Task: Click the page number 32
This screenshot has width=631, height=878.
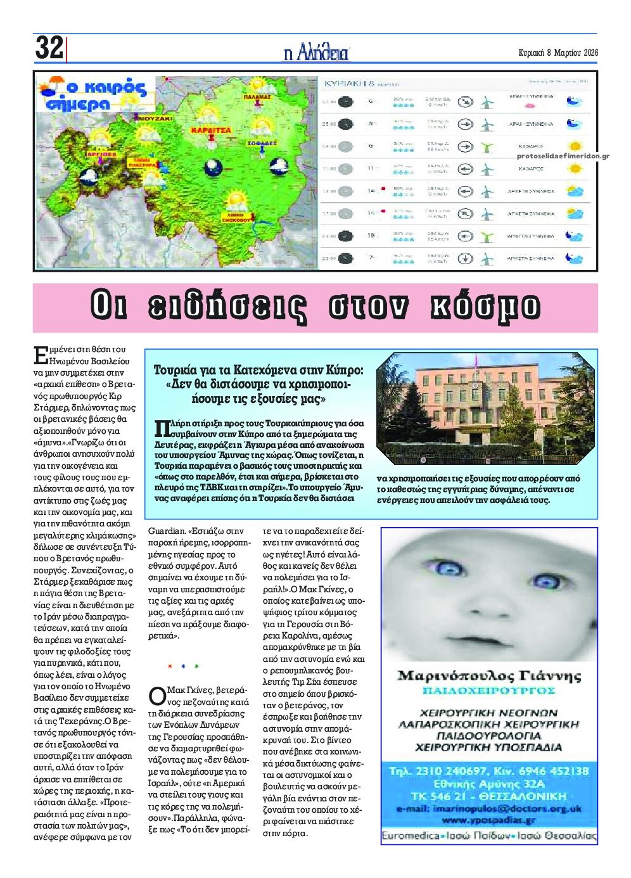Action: click(49, 48)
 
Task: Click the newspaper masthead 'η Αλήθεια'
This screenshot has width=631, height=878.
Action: click(316, 53)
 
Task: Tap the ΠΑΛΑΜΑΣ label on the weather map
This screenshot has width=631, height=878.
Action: click(258, 97)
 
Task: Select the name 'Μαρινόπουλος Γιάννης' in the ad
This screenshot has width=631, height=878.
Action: click(488, 675)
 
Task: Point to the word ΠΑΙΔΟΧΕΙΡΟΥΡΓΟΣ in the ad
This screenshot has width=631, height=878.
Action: click(488, 690)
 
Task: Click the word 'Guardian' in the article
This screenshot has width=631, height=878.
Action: click(167, 532)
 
